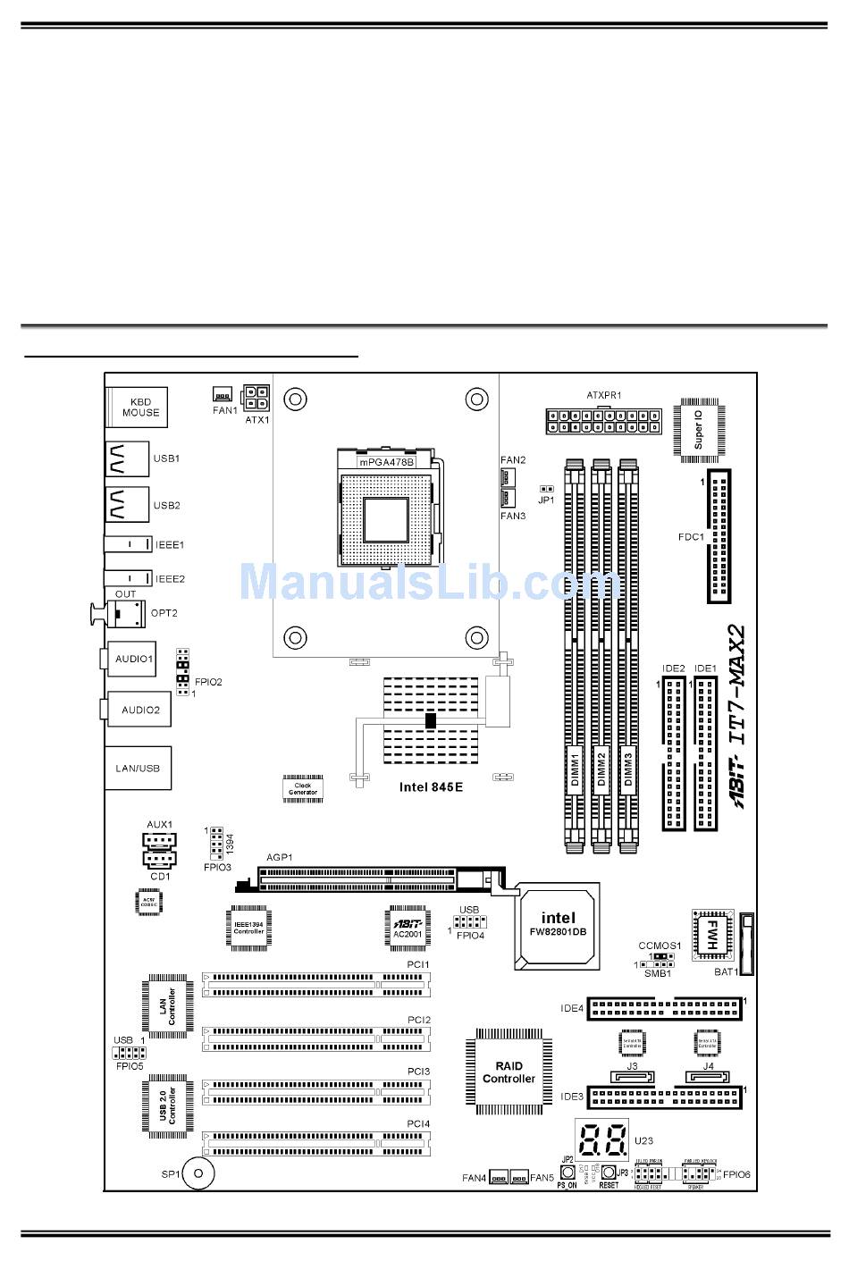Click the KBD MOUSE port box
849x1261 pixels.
tap(139, 408)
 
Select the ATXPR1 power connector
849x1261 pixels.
tap(602, 421)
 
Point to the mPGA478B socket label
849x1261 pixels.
tap(386, 462)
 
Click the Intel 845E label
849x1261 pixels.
tap(432, 787)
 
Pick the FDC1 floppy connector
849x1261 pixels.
tap(719, 536)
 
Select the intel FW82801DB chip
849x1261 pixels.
tap(558, 926)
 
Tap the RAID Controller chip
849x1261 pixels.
tap(509, 1072)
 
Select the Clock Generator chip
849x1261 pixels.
tap(302, 788)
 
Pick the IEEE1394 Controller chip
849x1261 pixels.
tap(249, 928)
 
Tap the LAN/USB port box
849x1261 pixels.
tap(138, 769)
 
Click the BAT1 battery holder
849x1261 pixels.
tap(747, 944)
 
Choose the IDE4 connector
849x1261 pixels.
tap(664, 1008)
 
